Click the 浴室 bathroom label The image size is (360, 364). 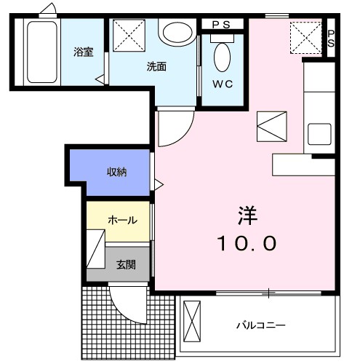coord(82,52)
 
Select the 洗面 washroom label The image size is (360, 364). coord(156,66)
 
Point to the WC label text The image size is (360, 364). coord(223,84)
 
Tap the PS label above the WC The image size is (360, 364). coord(221,24)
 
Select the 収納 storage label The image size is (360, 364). coord(117,172)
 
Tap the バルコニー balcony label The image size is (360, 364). coord(260,325)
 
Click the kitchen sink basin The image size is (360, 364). coord(319,134)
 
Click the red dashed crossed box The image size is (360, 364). coord(305,36)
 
